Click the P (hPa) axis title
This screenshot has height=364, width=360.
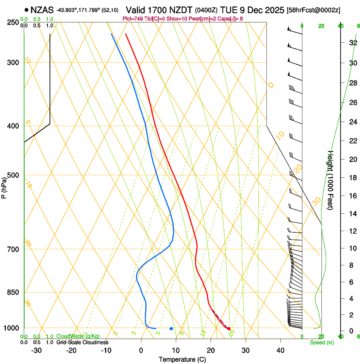(4, 187)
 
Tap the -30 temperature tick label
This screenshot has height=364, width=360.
(36, 350)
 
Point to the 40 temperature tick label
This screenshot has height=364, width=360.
(280, 350)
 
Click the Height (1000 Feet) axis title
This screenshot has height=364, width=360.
(330, 180)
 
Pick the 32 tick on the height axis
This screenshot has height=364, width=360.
(352, 43)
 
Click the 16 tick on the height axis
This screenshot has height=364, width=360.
(352, 196)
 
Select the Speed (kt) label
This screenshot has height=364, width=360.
(322, 342)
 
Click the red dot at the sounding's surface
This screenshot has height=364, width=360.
(229, 328)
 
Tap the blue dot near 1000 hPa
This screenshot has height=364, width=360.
(171, 328)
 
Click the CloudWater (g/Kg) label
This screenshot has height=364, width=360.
(78, 336)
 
